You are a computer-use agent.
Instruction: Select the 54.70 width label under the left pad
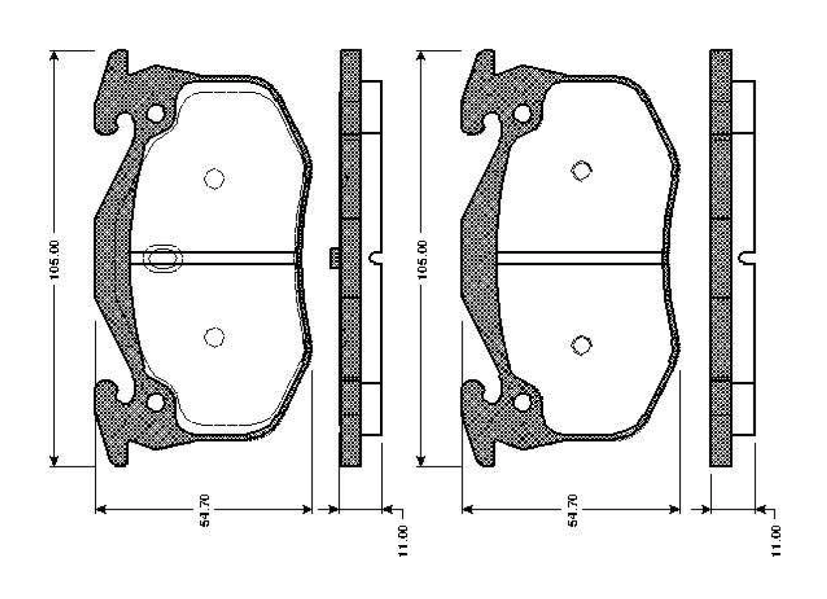point(204,510)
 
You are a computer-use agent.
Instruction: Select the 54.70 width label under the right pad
point(571,510)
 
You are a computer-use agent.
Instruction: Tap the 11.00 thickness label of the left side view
point(403,540)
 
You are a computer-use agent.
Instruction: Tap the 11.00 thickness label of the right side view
point(776,540)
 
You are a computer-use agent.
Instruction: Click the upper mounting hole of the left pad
point(156,113)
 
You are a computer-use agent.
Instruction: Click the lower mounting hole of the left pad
point(156,403)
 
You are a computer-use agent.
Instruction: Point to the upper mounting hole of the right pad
point(522,113)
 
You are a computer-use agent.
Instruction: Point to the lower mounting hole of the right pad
point(522,403)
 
